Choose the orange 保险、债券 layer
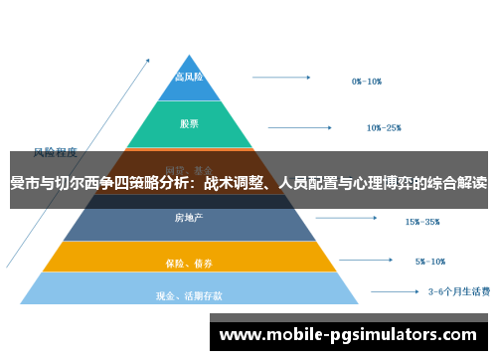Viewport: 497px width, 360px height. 189,262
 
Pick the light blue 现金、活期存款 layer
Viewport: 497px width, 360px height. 189,294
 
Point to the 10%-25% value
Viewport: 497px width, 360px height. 384,127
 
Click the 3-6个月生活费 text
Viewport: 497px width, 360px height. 458,292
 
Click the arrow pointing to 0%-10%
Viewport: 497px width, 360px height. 288,78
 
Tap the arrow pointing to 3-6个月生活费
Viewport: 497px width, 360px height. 390,292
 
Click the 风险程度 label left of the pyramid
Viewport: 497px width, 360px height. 56,152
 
